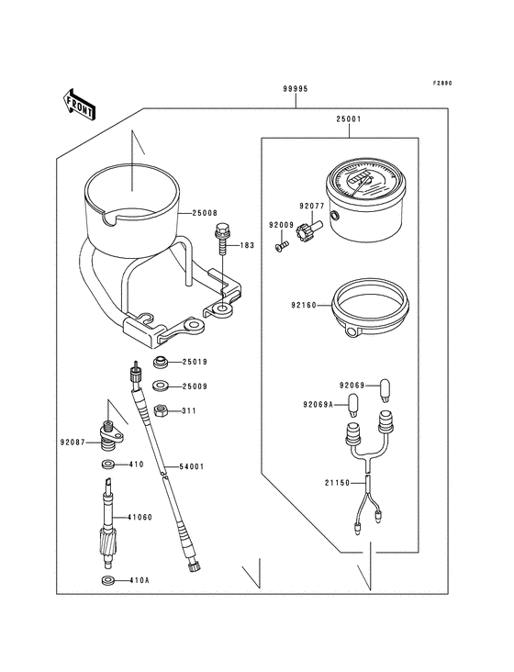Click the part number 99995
[x=295, y=90]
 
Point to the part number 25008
[x=206, y=213]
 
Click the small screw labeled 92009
[x=282, y=244]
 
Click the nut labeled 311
[x=160, y=409]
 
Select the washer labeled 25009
[x=161, y=386]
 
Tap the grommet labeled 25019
[x=160, y=362]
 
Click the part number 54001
[x=190, y=466]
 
